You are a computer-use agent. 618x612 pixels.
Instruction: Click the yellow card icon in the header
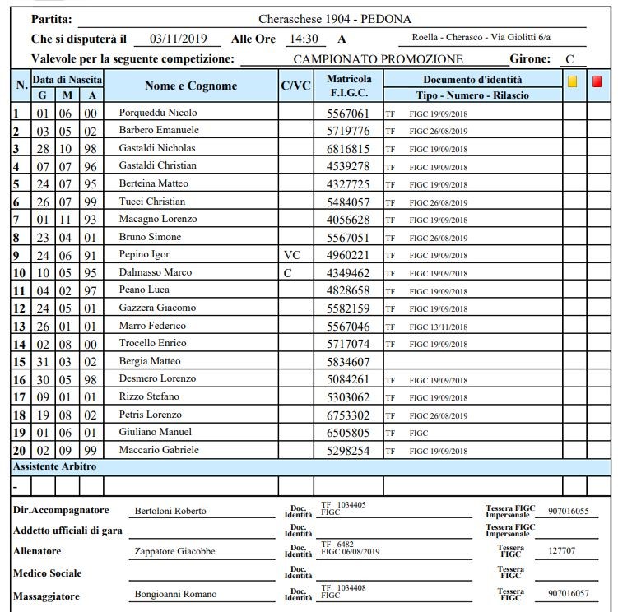tap(573, 81)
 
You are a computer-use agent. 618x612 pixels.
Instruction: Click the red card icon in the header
tap(597, 81)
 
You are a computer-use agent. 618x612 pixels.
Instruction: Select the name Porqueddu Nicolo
tap(158, 113)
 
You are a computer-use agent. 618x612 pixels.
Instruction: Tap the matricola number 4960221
tap(348, 256)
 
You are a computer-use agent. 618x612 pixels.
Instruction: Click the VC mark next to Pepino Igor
tap(293, 256)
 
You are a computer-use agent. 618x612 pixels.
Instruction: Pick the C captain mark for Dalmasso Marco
tap(287, 273)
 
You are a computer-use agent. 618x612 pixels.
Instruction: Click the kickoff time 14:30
tap(302, 39)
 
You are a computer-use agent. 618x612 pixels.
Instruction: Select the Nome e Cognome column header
tap(191, 86)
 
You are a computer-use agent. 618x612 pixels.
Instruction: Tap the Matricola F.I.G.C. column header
tap(349, 86)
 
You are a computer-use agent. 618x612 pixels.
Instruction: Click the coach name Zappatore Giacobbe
tap(174, 551)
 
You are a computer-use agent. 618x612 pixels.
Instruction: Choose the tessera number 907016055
tap(568, 511)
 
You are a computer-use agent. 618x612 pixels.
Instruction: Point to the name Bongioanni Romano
tap(175, 594)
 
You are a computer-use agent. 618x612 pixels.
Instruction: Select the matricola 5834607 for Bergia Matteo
tap(348, 362)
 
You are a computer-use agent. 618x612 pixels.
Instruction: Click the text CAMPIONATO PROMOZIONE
tap(378, 59)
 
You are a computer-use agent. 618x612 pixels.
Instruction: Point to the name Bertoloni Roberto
tap(170, 511)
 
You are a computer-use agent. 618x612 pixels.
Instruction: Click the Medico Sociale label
tap(48, 573)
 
